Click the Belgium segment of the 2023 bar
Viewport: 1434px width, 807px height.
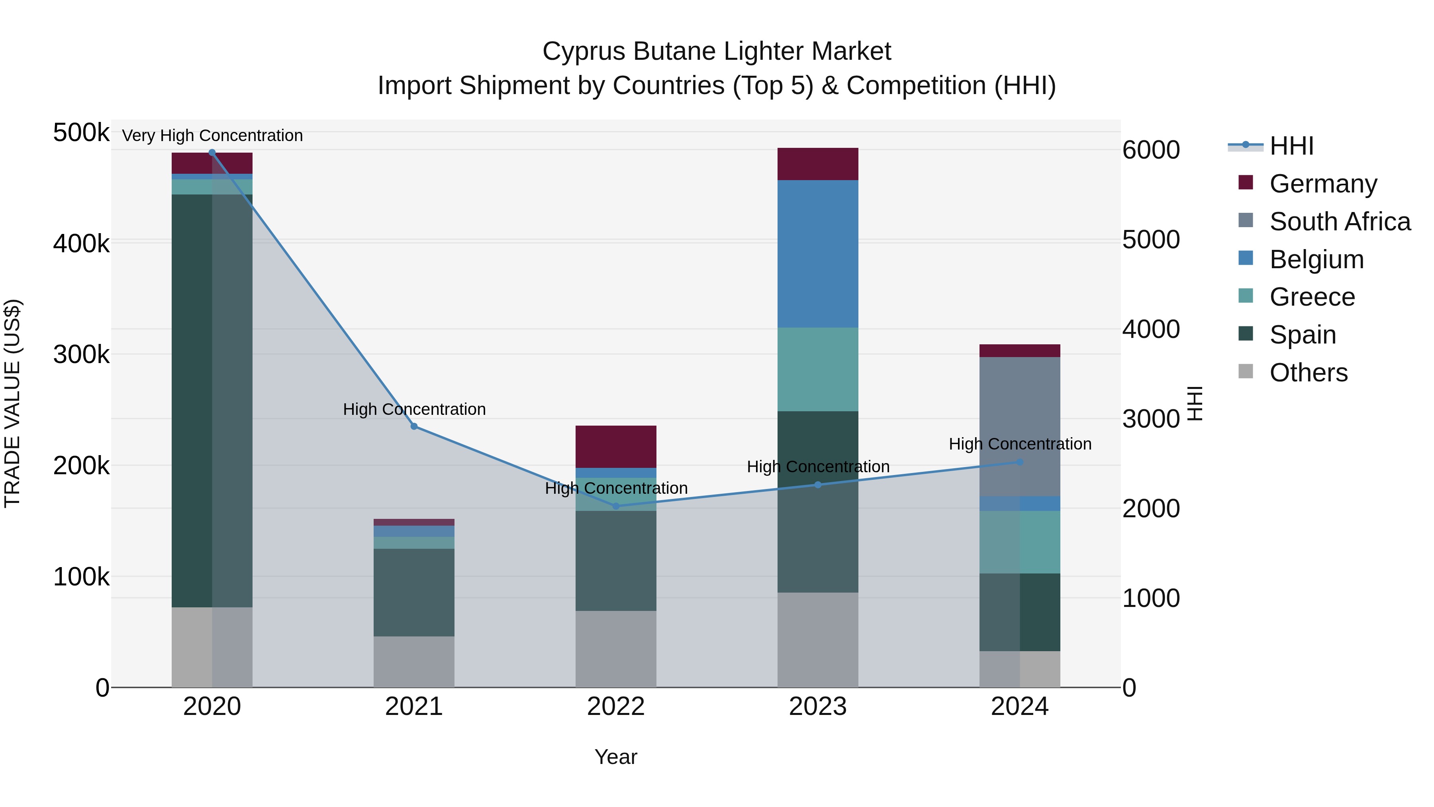(817, 253)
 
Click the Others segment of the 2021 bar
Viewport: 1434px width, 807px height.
(413, 661)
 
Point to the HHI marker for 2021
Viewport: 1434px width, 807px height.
(413, 426)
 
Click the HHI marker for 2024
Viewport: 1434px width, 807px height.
(1019, 462)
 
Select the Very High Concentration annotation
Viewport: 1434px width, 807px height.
(212, 135)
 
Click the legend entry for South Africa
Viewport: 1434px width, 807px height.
(1339, 222)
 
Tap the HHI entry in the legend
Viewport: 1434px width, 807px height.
(1291, 146)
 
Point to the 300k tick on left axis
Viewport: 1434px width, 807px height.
(81, 354)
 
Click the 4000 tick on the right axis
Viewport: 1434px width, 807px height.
(1150, 329)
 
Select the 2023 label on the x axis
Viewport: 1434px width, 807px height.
(817, 707)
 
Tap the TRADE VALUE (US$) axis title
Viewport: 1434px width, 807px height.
(12, 403)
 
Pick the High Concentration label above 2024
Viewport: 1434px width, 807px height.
(1019, 444)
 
